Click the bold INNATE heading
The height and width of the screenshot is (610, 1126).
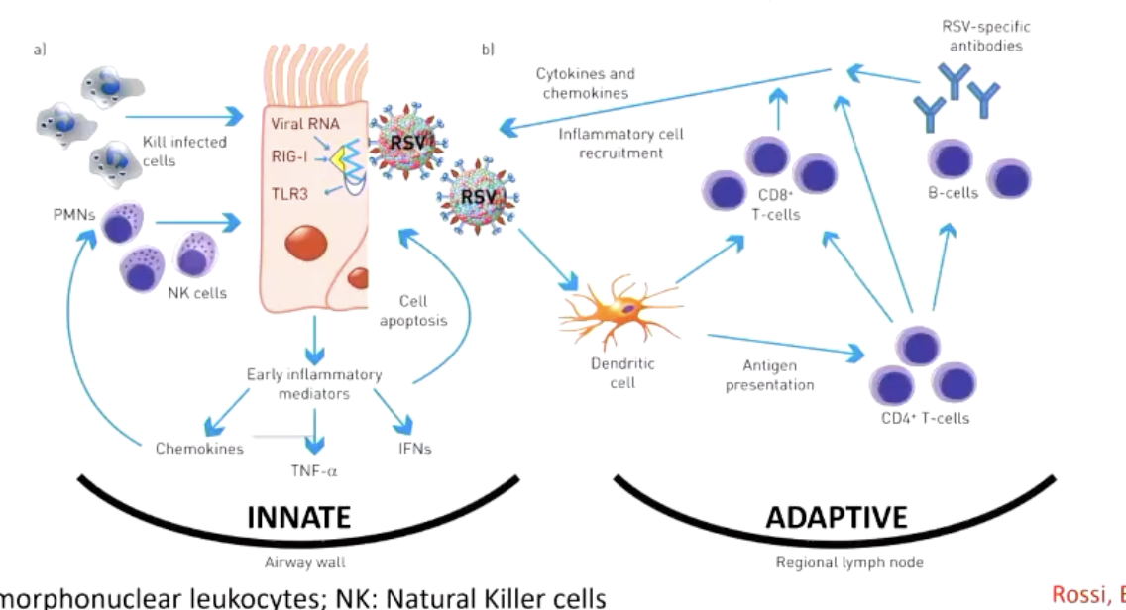(x=299, y=517)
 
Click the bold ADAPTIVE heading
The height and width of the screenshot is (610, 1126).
(x=836, y=517)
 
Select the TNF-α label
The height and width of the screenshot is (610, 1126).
(x=314, y=470)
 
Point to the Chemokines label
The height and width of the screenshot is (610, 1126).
(x=199, y=449)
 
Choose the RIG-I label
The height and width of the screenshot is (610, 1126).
(x=290, y=155)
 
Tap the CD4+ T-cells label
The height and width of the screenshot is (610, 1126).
(x=925, y=418)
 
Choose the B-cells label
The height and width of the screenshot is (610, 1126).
(x=953, y=193)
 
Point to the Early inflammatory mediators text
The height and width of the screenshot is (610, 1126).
(x=314, y=383)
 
